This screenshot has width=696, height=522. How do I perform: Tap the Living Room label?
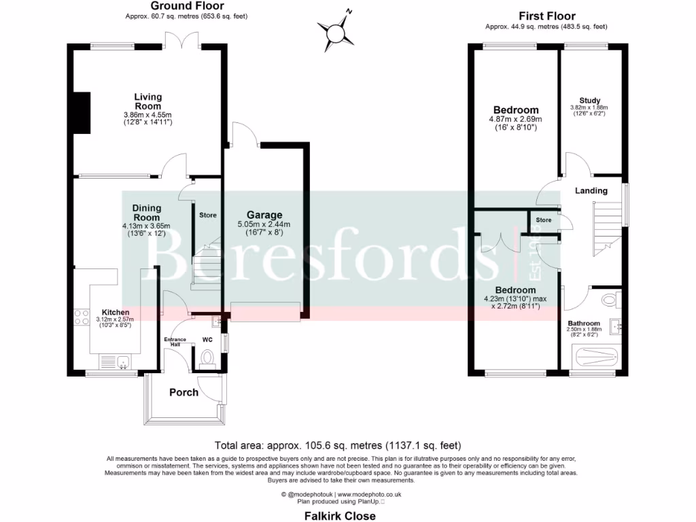tap(147, 101)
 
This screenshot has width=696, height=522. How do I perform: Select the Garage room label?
tap(264, 215)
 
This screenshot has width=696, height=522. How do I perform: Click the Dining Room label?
tap(147, 213)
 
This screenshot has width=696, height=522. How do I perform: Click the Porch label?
tap(184, 392)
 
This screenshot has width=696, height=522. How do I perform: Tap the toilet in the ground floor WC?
tap(207, 358)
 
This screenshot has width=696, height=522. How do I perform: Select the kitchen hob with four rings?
tap(82, 316)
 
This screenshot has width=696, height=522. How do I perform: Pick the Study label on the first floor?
tap(589, 101)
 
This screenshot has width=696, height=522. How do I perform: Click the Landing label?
tap(591, 191)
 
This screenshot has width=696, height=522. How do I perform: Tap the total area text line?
tap(338, 446)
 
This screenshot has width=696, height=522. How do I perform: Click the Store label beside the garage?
tap(208, 215)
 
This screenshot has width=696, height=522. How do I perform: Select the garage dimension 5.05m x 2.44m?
tap(264, 224)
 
